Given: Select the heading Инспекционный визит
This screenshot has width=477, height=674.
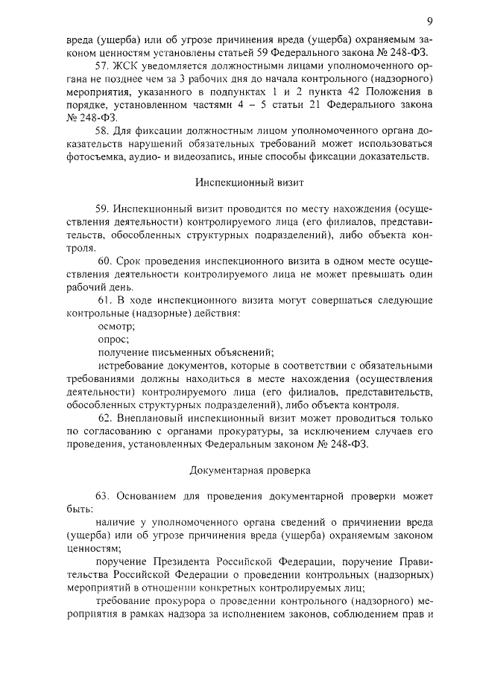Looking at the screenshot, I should tap(238, 182).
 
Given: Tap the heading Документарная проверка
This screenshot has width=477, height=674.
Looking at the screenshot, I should tap(238, 471).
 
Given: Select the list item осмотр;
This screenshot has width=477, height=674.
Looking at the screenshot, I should tap(115, 325).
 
